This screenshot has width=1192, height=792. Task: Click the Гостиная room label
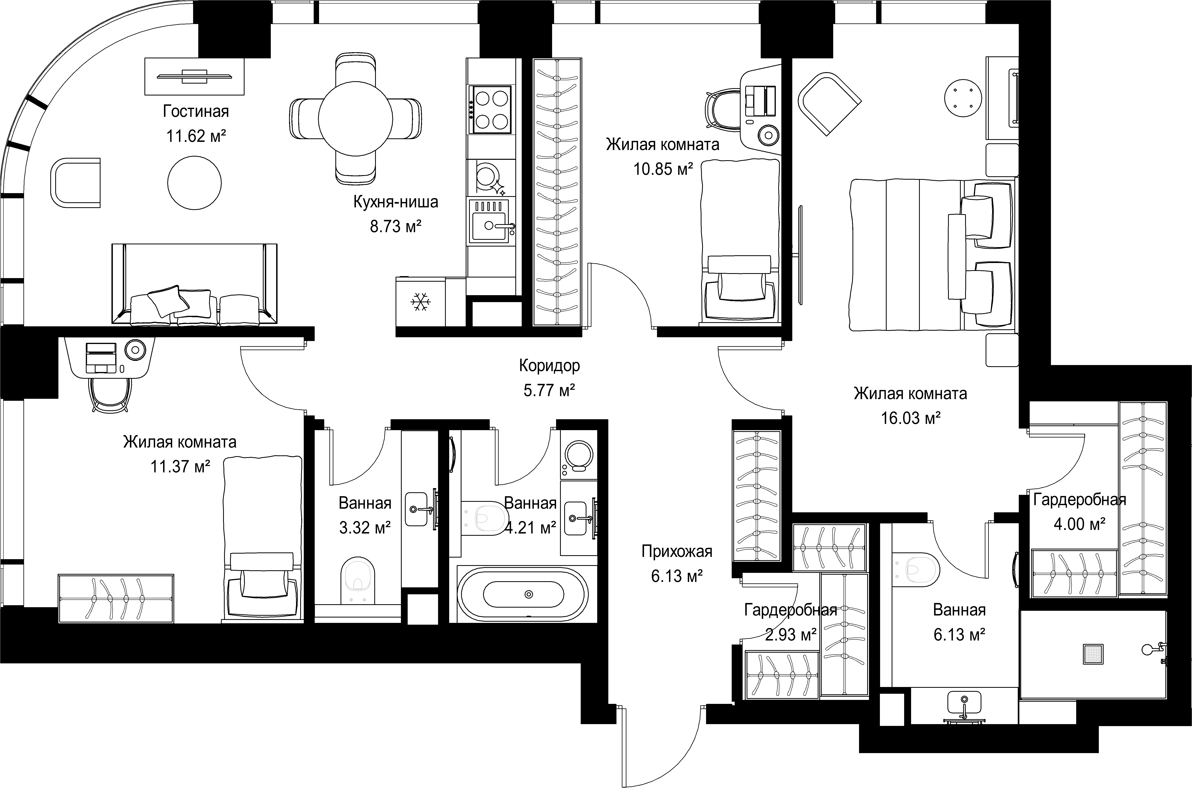[x=196, y=111]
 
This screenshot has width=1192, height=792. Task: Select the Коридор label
[x=550, y=365]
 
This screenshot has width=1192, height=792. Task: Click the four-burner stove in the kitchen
[x=490, y=109]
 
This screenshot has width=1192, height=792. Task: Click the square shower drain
[x=1093, y=654]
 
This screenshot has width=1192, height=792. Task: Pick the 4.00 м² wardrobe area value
[x=1079, y=524]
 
